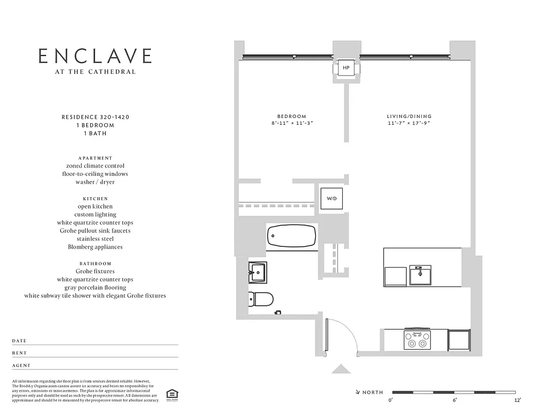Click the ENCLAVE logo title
pyautogui.click(x=95, y=56)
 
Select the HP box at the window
pyautogui.click(x=346, y=68)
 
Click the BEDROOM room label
pyautogui.click(x=292, y=116)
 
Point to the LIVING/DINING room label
pyautogui.click(x=409, y=116)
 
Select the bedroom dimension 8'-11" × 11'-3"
pyautogui.click(x=292, y=124)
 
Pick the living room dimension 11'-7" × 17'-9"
pyautogui.click(x=409, y=124)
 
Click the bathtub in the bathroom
pyautogui.click(x=292, y=238)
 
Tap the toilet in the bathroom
pyautogui.click(x=261, y=299)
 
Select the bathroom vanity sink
pyautogui.click(x=257, y=271)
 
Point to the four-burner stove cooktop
pyautogui.click(x=417, y=339)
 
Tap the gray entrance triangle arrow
pyautogui.click(x=341, y=369)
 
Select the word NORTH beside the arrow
pyautogui.click(x=373, y=393)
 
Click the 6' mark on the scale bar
pyautogui.click(x=455, y=400)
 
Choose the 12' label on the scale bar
pyautogui.click(x=517, y=400)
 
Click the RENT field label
pyautogui.click(x=20, y=353)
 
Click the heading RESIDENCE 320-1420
pyautogui.click(x=95, y=117)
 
